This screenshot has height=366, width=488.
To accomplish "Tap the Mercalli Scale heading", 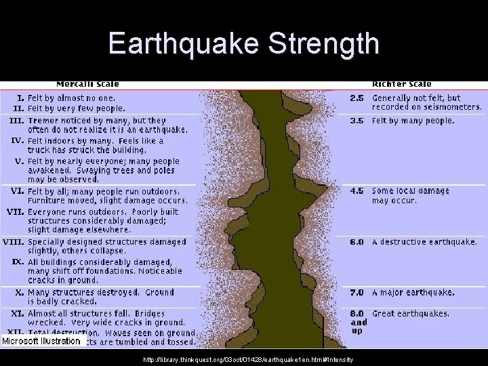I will (87, 84).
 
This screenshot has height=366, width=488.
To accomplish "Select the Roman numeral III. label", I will (16, 121).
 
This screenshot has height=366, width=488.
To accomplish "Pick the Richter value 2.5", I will (357, 98).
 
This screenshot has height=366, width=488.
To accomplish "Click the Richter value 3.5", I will (357, 121).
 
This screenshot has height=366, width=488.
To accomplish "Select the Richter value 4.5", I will (357, 191).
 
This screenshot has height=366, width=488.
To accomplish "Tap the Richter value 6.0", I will (357, 242).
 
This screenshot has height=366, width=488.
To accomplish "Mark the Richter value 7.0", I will (357, 293).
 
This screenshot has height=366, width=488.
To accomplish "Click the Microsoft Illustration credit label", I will (41, 342).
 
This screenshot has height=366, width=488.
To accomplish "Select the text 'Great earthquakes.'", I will (411, 313).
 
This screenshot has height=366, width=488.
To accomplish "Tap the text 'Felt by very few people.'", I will (77, 108).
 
